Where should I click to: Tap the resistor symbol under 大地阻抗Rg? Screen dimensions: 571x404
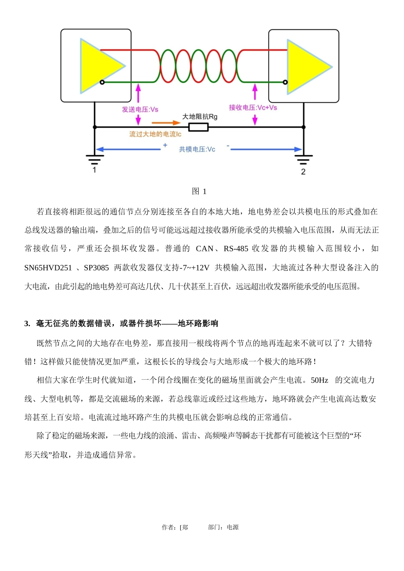click(x=198, y=127)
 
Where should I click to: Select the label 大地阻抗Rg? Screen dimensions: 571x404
click(x=200, y=116)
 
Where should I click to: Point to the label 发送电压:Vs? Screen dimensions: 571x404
click(x=140, y=109)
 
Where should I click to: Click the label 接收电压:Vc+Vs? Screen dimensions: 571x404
click(x=253, y=108)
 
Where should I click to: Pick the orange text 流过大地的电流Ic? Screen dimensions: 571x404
click(x=155, y=134)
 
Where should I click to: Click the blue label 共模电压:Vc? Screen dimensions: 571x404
click(x=197, y=149)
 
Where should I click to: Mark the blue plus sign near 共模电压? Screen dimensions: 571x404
click(x=165, y=145)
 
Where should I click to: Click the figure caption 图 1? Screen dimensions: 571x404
click(x=199, y=191)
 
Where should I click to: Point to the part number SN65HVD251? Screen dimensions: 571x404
click(x=48, y=267)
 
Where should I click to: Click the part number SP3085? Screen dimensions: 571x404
click(x=96, y=267)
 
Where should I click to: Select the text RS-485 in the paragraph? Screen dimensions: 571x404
click(x=236, y=249)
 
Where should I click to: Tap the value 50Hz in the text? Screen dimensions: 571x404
click(x=319, y=380)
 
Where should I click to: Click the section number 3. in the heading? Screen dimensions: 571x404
click(x=27, y=324)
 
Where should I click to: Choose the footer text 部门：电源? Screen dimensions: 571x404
click(x=223, y=527)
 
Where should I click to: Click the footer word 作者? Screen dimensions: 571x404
click(x=168, y=527)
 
